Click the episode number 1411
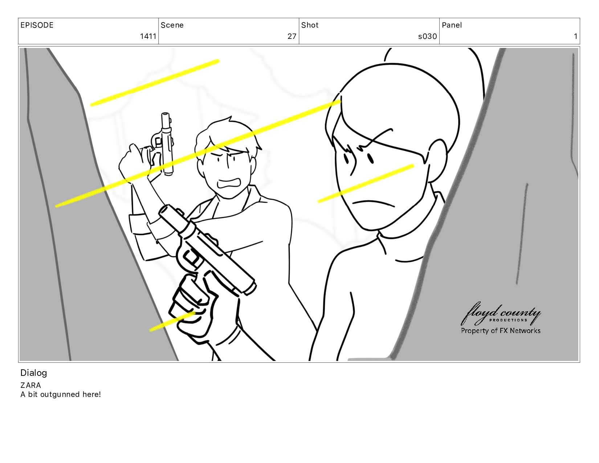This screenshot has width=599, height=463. pos(148,36)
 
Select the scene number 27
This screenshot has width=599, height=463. pos(292,36)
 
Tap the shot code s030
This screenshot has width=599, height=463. pos(427,36)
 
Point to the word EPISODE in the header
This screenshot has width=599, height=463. pos(37,25)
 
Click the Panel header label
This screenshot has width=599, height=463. pos(452,25)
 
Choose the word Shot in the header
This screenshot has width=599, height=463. pos(310,25)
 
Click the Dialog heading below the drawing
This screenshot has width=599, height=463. pos(34,373)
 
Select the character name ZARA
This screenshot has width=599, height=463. pos(30,385)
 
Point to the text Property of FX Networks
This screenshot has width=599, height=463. pos(501,330)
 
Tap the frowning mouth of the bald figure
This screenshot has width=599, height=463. pos(374,203)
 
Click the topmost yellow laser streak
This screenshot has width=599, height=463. pos(155,82)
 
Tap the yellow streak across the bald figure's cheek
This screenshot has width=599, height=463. pos(366,183)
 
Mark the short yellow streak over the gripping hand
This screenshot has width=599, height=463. pos(172,321)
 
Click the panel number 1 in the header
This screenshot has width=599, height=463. pos(575,36)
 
